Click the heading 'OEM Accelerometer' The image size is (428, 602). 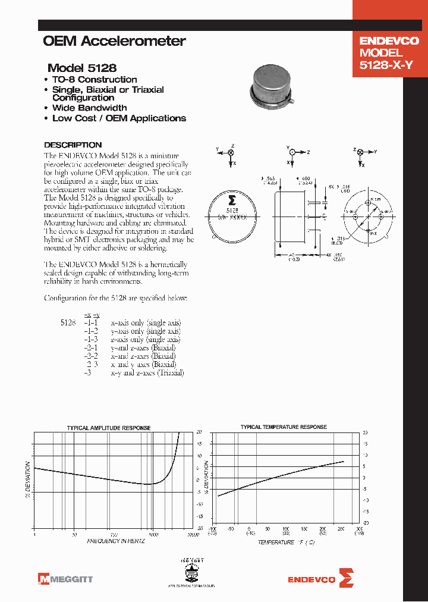click(x=114, y=41)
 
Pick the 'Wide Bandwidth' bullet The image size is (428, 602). click(x=89, y=108)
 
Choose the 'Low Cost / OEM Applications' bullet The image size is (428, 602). click(x=119, y=118)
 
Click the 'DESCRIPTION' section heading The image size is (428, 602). click(x=73, y=145)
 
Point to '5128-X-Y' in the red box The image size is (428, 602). click(x=386, y=66)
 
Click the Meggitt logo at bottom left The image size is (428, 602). click(x=65, y=578)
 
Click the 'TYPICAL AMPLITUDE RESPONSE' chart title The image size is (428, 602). click(x=108, y=428)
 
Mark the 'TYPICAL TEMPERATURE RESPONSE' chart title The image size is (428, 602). click(x=283, y=427)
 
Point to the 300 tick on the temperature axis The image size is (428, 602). click(x=359, y=528)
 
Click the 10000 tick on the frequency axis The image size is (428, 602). click(x=192, y=535)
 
